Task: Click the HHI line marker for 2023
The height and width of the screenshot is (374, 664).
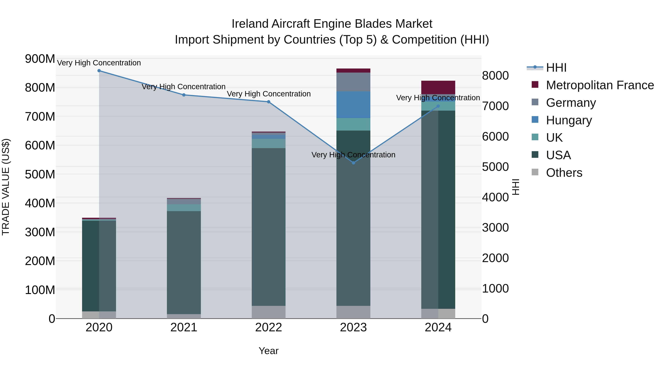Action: (x=353, y=163)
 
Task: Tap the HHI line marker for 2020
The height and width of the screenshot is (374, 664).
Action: (x=99, y=71)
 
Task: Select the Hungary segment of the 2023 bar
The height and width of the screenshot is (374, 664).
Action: (x=353, y=105)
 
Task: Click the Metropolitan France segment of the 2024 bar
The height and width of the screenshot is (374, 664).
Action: (x=438, y=88)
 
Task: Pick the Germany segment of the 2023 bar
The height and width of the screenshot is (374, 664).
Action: (x=353, y=82)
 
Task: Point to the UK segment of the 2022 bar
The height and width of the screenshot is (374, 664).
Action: (x=269, y=144)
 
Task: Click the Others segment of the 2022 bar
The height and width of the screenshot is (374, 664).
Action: (x=269, y=312)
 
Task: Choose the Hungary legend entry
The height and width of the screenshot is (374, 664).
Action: (x=568, y=120)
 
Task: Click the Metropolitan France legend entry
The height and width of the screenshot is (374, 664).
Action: (x=600, y=85)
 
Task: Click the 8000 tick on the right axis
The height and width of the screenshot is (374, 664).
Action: (x=495, y=76)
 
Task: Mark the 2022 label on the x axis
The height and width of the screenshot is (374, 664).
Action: (x=269, y=327)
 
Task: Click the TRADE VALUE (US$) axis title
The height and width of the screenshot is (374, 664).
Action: (x=6, y=187)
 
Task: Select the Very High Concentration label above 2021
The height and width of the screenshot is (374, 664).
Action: (x=184, y=87)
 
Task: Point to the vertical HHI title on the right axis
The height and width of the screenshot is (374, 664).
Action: (x=516, y=187)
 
